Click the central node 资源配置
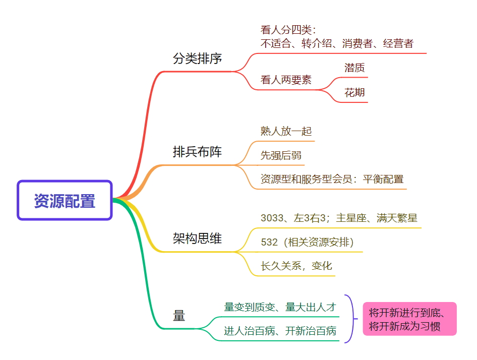point(65,201)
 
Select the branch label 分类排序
point(197,59)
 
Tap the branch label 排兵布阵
point(197,152)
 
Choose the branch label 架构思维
point(197,238)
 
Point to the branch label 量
point(179,316)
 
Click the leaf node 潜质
point(354,68)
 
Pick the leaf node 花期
point(354,93)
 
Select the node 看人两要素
point(286,80)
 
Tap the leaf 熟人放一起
point(286,132)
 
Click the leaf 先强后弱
point(281,156)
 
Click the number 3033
point(272,218)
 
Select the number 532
point(269,243)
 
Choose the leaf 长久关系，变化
point(296,266)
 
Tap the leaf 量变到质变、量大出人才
point(280,307)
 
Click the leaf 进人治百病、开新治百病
point(280,331)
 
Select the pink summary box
point(409,319)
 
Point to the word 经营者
point(398,43)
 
